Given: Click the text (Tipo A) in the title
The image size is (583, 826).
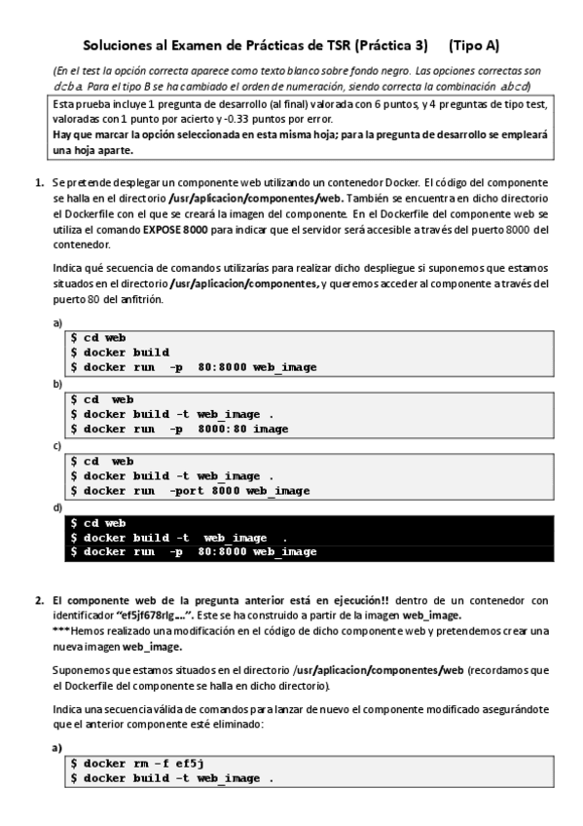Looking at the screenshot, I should tap(474, 45).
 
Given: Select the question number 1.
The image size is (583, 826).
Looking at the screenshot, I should tap(39, 182).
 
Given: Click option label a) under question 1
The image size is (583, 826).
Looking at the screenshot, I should tap(57, 322).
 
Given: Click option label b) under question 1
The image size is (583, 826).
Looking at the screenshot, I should tap(57, 385).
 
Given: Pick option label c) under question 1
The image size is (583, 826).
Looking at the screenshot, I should tap(57, 446).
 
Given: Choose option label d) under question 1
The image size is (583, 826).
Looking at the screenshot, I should tap(57, 507).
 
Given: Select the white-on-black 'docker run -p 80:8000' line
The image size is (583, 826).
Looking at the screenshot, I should tap(194, 551).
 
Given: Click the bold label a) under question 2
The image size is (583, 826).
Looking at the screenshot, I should tap(57, 747).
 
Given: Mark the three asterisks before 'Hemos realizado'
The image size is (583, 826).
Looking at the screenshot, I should tap(59, 631).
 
